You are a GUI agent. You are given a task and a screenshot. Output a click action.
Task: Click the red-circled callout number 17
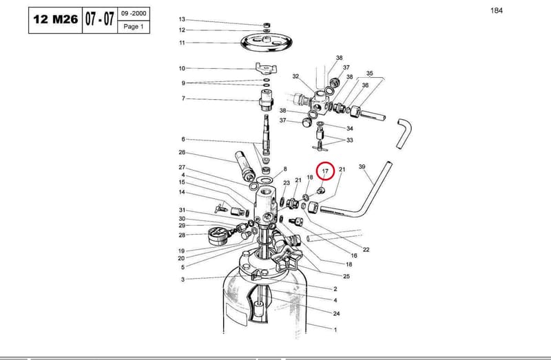[x=325, y=171]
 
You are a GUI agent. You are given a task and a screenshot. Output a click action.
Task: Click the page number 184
[x=497, y=10]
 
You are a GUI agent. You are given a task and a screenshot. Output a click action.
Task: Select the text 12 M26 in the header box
[x=56, y=20]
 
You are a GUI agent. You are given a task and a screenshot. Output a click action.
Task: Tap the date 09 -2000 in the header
[x=134, y=14]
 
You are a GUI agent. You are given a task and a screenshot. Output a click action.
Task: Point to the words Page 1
[x=134, y=27]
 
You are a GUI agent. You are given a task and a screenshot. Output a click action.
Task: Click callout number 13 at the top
[x=182, y=19]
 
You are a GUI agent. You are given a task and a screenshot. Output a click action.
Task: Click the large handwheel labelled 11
[x=267, y=42]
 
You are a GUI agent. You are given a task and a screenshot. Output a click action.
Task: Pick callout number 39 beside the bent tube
[x=362, y=167]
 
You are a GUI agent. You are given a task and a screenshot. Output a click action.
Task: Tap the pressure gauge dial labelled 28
[x=218, y=235]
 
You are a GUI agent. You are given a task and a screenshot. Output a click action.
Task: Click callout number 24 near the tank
[x=336, y=313]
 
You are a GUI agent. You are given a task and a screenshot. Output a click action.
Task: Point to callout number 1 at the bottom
[x=335, y=330]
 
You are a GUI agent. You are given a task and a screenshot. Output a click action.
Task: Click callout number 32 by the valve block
[x=295, y=76]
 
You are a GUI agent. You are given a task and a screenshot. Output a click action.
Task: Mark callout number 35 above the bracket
[x=370, y=74]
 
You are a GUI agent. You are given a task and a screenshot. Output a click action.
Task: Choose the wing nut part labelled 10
[x=266, y=67]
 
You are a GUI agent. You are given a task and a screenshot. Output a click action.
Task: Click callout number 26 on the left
[x=182, y=152]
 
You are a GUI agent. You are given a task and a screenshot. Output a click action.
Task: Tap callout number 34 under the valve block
[x=350, y=129]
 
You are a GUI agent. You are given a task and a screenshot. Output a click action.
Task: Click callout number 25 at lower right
[x=346, y=277]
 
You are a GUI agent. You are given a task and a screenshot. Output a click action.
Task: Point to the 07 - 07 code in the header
[x=100, y=19]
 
